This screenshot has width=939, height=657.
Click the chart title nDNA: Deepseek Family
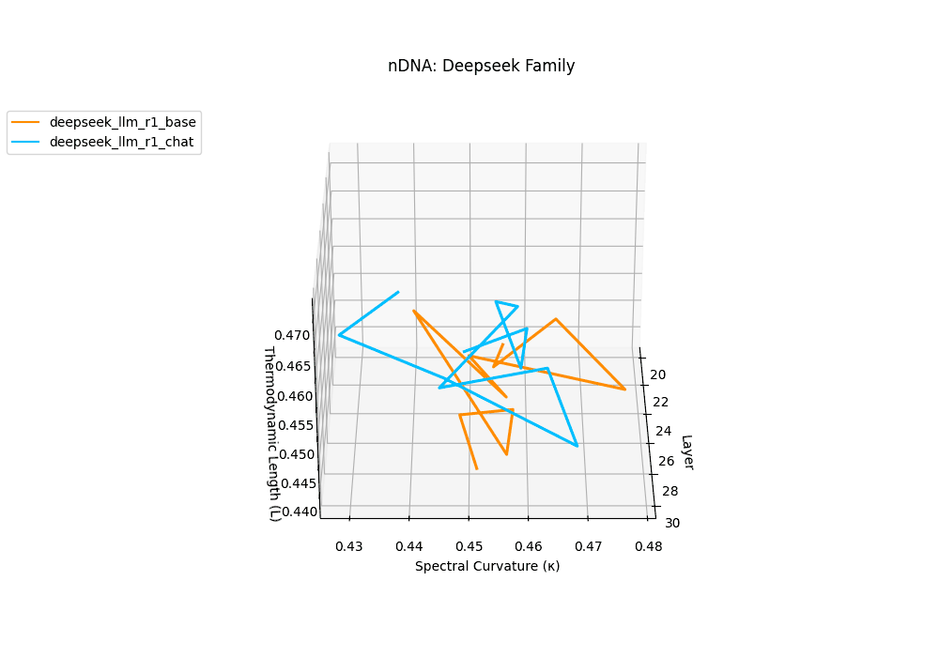(x=481, y=66)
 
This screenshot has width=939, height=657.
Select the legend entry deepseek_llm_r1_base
(x=123, y=122)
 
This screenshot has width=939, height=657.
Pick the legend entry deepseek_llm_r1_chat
(x=123, y=143)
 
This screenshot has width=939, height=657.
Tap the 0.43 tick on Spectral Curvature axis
(x=349, y=545)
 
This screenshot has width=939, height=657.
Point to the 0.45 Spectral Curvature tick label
(x=469, y=545)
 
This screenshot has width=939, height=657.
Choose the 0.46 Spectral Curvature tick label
(x=529, y=545)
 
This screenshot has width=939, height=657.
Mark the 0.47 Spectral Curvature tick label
(x=588, y=545)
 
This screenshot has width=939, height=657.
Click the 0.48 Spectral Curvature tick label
(x=647, y=545)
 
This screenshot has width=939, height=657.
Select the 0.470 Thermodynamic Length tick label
(x=293, y=335)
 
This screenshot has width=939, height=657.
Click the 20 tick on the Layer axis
(x=657, y=374)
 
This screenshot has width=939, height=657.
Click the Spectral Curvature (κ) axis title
(x=487, y=566)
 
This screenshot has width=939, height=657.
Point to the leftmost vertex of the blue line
(x=339, y=335)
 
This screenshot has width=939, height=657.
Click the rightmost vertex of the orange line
(x=625, y=389)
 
